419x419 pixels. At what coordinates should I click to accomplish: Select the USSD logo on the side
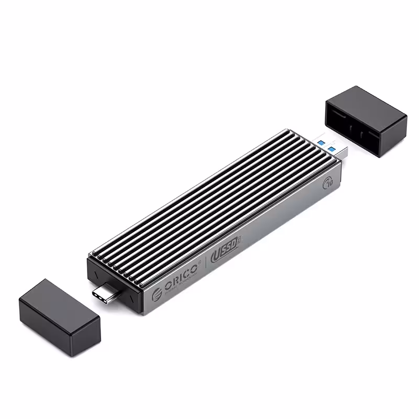tap(223, 253)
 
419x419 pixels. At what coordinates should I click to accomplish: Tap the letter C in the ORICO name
tap(188, 271)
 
